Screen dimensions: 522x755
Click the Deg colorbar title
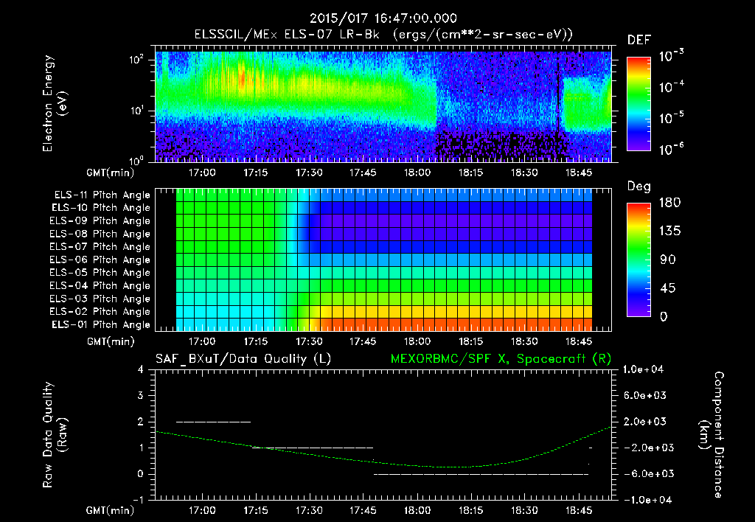pyautogui.click(x=639, y=187)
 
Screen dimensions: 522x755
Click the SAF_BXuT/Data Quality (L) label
pyautogui.click(x=243, y=359)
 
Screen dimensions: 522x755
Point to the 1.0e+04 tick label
pyautogui.click(x=646, y=369)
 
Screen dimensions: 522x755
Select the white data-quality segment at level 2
pyautogui.click(x=214, y=422)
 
